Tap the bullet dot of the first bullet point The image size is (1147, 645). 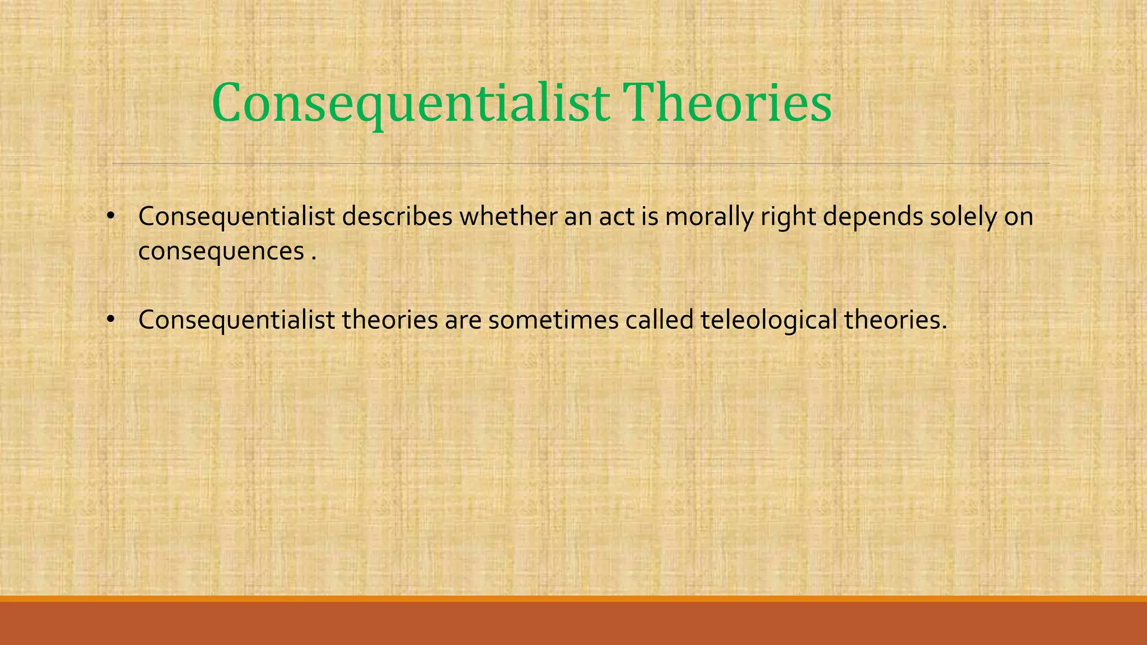tap(110, 216)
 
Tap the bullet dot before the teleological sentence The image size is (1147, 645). tap(110, 320)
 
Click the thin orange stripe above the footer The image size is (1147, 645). tap(573, 599)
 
